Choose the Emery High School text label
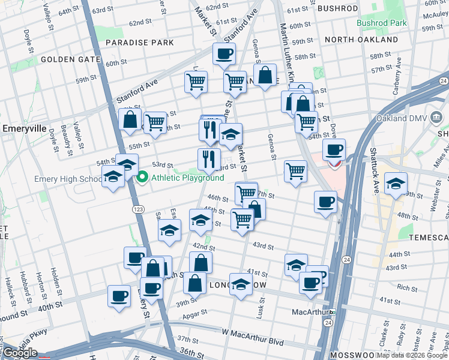pyautogui.click(x=68, y=179)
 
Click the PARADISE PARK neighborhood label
pyautogui.click(x=140, y=43)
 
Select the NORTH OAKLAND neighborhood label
pyautogui.click(x=361, y=40)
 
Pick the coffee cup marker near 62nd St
pyautogui.click(x=224, y=55)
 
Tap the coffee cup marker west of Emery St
pyautogui.click(x=119, y=295)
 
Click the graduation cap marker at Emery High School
pyautogui.click(x=113, y=177)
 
